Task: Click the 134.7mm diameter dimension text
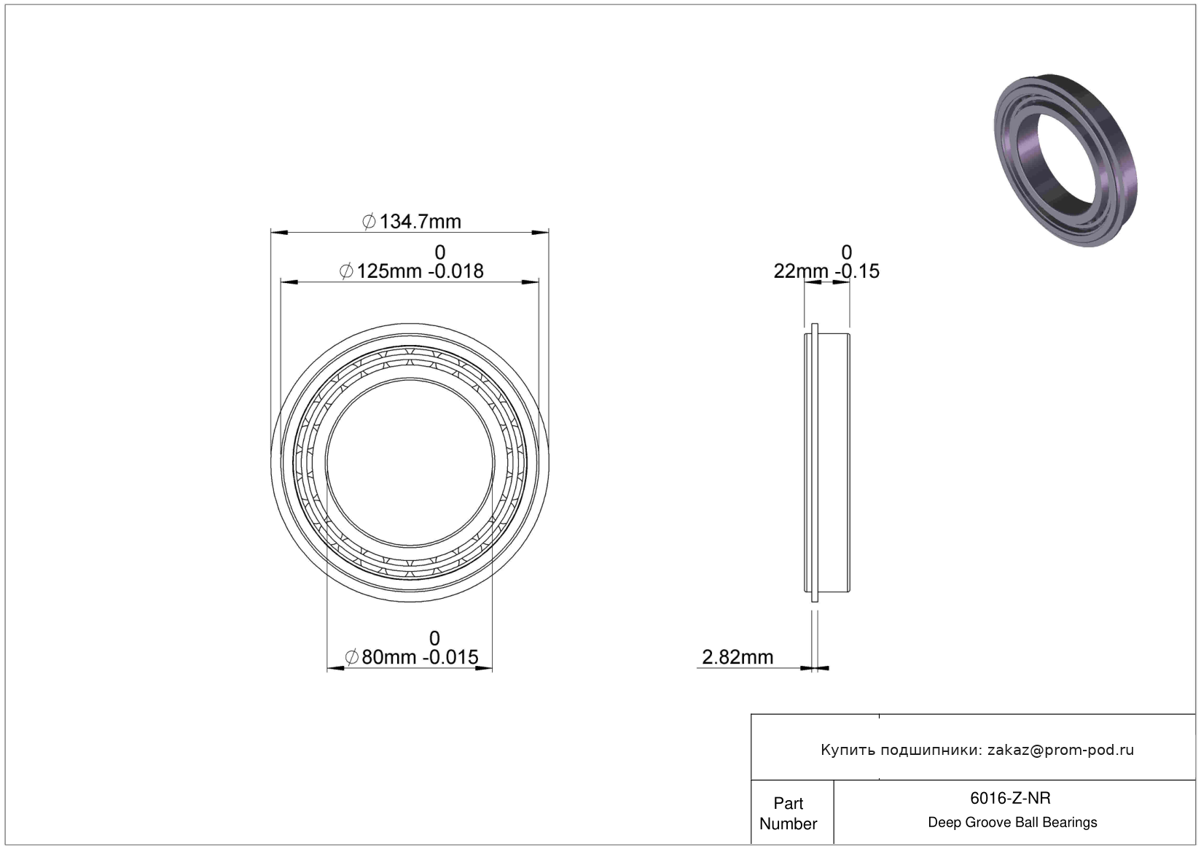420,222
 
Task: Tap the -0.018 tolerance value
455,271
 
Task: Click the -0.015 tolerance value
450,657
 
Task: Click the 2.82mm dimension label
738,657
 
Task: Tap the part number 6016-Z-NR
1010,799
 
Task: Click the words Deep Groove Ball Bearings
1012,823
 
